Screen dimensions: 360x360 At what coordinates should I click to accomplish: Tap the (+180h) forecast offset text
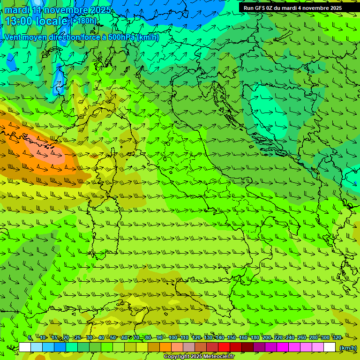click(84, 21)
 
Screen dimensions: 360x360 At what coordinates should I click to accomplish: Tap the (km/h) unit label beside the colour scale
click(348, 348)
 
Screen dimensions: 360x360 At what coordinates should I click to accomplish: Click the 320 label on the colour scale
click(337, 337)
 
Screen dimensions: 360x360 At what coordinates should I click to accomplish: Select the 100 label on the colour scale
click(173, 337)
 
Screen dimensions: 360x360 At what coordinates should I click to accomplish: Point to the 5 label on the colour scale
click(30, 337)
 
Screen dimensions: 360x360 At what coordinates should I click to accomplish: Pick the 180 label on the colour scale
click(255, 337)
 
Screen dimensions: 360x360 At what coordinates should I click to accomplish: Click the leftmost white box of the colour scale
click(25, 347)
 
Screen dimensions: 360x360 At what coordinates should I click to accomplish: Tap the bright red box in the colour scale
click(224, 347)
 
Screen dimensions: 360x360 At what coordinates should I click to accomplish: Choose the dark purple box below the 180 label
click(259, 347)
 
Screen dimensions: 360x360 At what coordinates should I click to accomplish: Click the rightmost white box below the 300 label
click(330, 347)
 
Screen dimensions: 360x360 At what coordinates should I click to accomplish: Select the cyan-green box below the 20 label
click(72, 347)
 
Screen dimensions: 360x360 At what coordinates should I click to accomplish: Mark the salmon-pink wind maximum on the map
click(47, 150)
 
